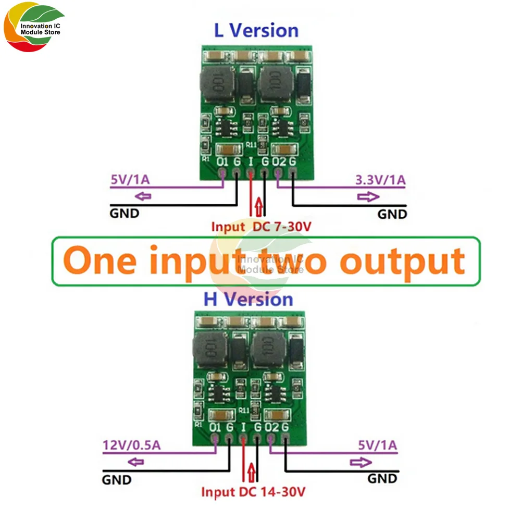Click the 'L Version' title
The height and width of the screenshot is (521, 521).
pyautogui.click(x=256, y=30)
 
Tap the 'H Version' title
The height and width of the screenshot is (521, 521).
pyautogui.click(x=248, y=300)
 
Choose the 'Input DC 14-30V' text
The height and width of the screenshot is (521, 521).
pyautogui.click(x=253, y=492)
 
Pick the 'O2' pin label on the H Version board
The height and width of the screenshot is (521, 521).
pyautogui.click(x=272, y=428)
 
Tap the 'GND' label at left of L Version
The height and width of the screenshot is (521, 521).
pyautogui.click(x=124, y=213)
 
